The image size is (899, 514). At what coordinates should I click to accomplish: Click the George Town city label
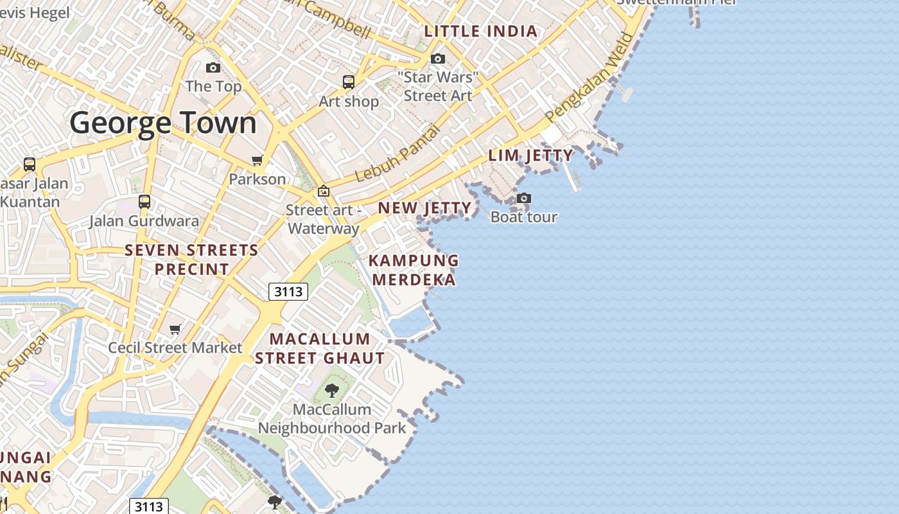click(163, 123)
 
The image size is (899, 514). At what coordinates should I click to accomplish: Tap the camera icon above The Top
click(213, 67)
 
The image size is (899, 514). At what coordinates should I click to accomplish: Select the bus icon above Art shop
click(348, 82)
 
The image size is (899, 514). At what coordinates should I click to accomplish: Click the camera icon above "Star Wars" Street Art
click(438, 59)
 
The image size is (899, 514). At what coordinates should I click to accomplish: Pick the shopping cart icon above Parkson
click(257, 160)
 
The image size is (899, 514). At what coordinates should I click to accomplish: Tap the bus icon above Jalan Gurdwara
click(144, 202)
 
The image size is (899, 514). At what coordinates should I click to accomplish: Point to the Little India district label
click(481, 31)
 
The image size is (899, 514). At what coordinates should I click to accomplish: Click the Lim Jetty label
click(530, 155)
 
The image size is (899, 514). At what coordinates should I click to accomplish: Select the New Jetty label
click(424, 208)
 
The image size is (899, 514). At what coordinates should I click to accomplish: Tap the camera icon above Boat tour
click(524, 198)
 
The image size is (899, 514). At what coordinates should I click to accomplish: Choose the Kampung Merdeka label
click(414, 270)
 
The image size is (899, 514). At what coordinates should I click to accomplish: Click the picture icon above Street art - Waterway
click(323, 191)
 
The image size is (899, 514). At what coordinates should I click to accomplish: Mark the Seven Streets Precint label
click(191, 260)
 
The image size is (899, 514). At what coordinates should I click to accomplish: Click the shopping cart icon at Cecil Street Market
click(175, 330)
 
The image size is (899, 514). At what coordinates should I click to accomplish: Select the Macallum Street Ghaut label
click(320, 348)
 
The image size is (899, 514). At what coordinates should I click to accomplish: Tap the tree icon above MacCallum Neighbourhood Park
click(331, 390)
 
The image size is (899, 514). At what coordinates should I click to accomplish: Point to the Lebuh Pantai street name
click(397, 153)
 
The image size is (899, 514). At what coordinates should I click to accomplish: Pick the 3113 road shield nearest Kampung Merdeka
click(288, 292)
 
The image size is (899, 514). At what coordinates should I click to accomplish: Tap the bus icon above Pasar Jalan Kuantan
click(30, 164)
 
